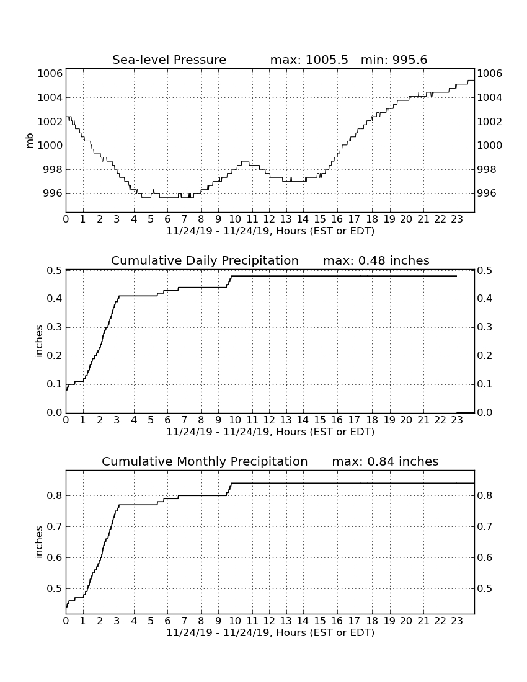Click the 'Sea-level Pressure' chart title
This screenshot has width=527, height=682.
(x=169, y=60)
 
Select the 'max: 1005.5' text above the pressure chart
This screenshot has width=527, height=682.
(x=309, y=60)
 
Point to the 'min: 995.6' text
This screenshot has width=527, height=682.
(x=394, y=60)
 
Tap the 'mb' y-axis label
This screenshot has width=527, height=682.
(x=30, y=141)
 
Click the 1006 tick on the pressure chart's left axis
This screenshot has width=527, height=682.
(x=50, y=74)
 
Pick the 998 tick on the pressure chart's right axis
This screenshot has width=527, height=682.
(x=487, y=169)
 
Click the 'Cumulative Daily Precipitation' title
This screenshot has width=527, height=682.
(x=205, y=260)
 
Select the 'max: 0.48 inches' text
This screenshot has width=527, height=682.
(x=376, y=260)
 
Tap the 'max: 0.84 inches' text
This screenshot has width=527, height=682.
(x=385, y=461)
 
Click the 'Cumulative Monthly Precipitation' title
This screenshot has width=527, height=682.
(x=205, y=461)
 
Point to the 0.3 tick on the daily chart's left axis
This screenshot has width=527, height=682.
(x=55, y=327)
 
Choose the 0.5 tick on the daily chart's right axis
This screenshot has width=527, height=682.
(x=485, y=270)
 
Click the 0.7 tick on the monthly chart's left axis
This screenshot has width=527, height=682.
(x=55, y=527)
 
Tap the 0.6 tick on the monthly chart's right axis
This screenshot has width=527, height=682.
(x=485, y=557)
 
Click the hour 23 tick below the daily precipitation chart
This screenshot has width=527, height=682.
(x=456, y=420)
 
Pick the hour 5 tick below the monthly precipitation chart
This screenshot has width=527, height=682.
(x=151, y=621)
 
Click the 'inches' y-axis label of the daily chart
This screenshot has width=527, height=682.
(x=38, y=342)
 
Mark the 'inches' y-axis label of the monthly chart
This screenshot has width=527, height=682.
(x=38, y=542)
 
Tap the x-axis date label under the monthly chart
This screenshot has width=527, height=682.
(x=270, y=632)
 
